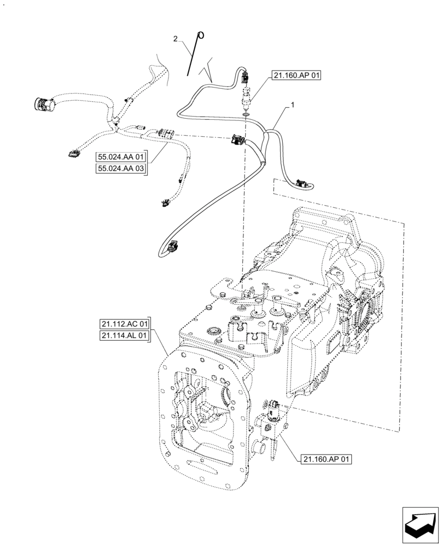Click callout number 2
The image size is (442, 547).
[x=176, y=38]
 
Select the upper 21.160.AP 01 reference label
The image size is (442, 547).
[x=295, y=76]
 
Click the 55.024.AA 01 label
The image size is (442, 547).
[x=121, y=157]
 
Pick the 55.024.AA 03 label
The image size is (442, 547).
[x=121, y=169]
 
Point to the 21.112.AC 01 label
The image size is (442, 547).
[x=125, y=324]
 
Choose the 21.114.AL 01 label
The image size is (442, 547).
[x=125, y=336]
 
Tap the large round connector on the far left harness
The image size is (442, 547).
[x=42, y=103]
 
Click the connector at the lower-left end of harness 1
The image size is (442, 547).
[x=174, y=247]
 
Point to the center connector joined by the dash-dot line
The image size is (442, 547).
[x=239, y=140]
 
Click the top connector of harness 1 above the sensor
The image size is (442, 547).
[x=246, y=79]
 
